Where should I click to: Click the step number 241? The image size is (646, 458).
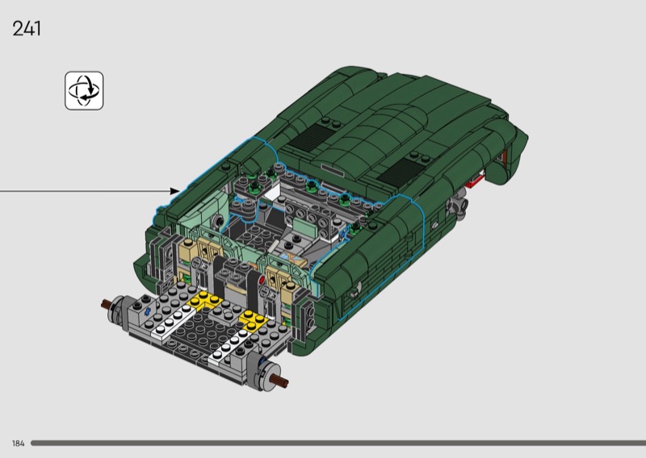(27, 29)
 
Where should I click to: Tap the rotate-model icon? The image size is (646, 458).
(84, 91)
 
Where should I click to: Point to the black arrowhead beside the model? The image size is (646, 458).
(175, 191)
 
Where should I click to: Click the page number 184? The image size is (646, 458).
(18, 443)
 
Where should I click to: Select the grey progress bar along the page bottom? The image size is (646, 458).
(338, 443)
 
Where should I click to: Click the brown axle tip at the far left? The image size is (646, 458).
(106, 304)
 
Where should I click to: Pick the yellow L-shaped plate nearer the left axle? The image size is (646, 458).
(205, 300)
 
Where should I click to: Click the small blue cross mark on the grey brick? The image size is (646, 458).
(146, 311)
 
